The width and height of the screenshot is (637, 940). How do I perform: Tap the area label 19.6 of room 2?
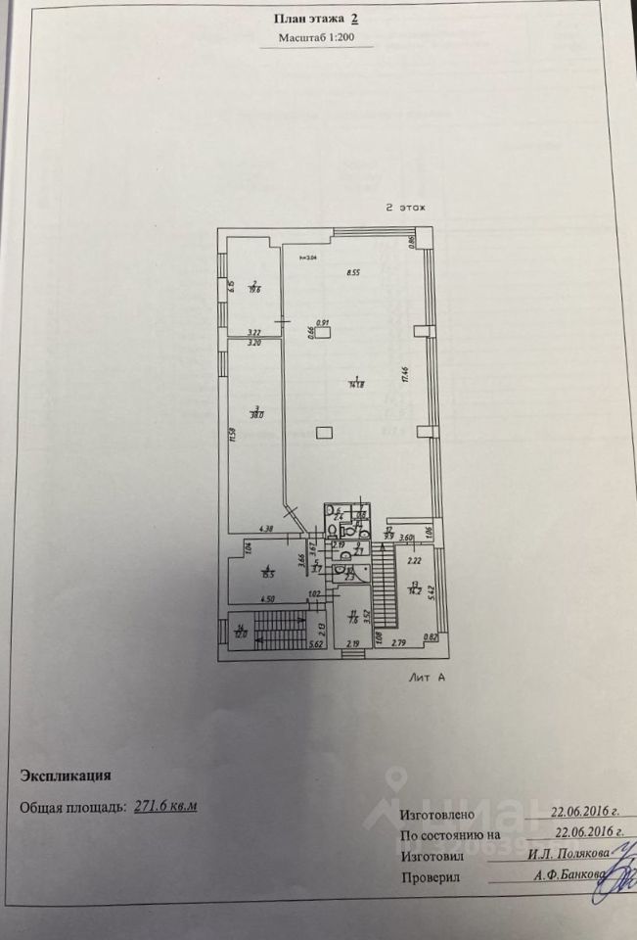(253, 288)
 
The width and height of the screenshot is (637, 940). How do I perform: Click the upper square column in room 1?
(336, 330)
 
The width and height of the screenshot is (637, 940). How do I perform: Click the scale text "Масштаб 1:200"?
(318, 39)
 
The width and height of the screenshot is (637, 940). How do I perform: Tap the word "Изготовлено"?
(437, 815)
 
